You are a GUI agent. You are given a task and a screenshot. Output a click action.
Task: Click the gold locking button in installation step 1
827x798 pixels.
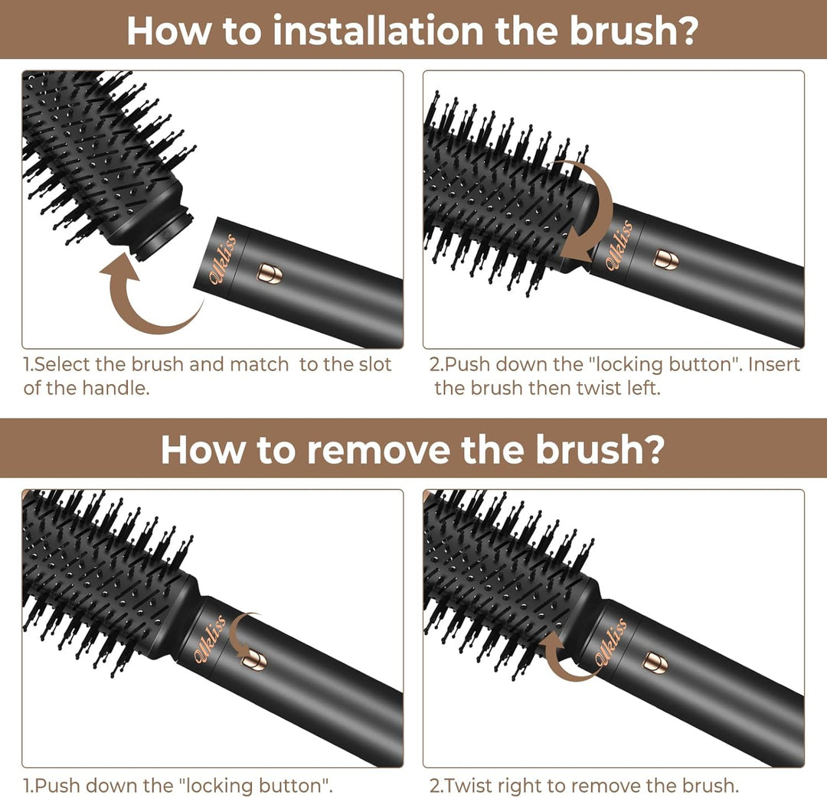[269, 273]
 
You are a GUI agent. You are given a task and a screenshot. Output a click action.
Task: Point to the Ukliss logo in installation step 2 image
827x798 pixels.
[619, 245]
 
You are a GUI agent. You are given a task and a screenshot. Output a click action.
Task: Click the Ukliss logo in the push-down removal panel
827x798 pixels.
[211, 640]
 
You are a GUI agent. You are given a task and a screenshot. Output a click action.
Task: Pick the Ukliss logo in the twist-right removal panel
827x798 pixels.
[613, 642]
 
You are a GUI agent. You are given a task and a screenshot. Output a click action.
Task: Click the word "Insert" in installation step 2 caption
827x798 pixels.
[773, 365]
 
